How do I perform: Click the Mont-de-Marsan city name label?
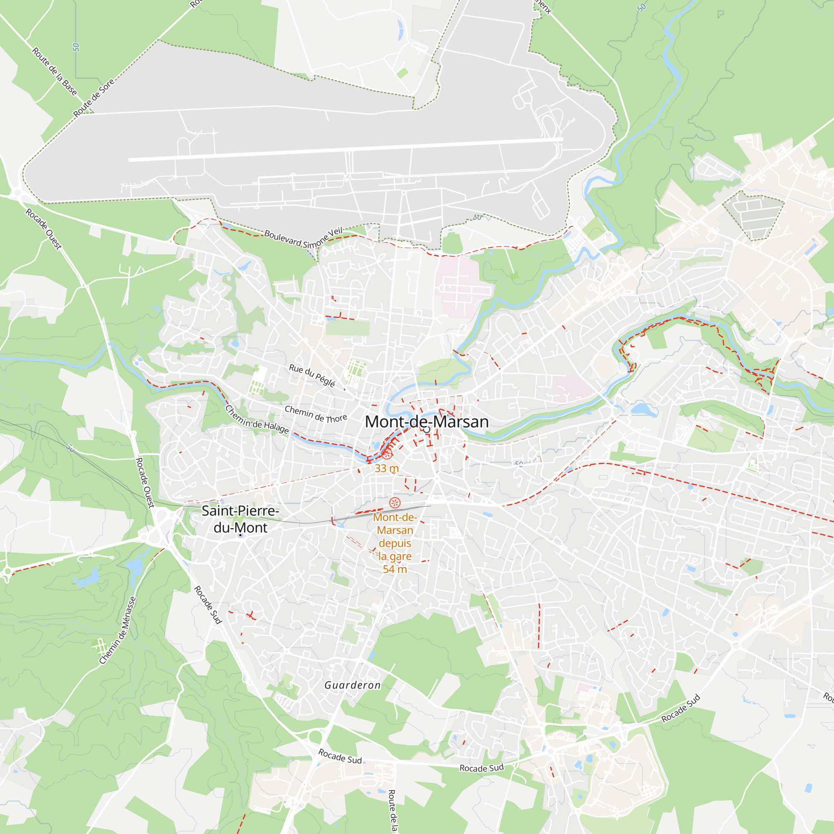pos(427,422)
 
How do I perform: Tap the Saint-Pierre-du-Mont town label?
pos(241,519)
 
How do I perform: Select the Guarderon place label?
pos(352,685)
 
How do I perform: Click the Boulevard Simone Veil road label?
pos(304,238)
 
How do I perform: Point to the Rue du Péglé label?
pos(312,375)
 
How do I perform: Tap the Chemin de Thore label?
pos(316,414)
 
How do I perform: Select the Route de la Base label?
pos(54,71)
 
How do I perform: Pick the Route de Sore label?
pos(94,98)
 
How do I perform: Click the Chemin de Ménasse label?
pos(118,631)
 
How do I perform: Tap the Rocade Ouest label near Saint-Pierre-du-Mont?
pos(145,482)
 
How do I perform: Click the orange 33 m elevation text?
pos(387,468)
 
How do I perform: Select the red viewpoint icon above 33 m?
pos(387,454)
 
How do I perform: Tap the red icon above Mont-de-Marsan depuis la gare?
pos(394,502)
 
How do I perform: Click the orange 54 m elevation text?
pos(394,569)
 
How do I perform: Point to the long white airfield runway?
pos(345,149)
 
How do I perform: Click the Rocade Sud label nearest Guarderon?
pos(340,756)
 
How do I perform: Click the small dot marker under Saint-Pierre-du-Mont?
pos(241,535)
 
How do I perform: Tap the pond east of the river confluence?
pos(641,408)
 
